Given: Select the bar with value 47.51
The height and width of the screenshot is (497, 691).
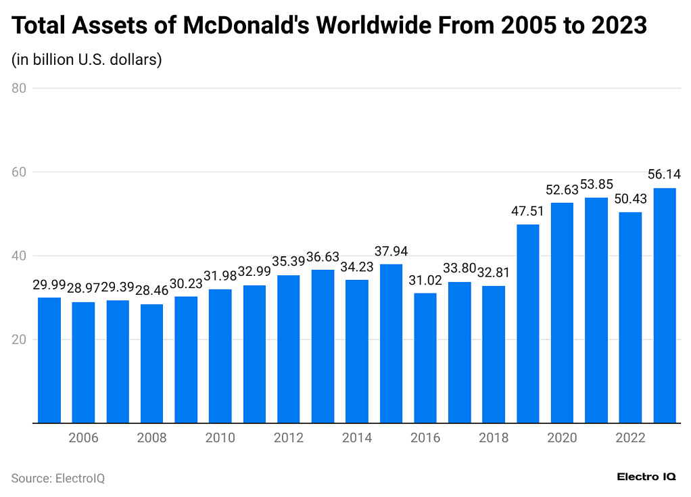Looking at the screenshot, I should point(528,323).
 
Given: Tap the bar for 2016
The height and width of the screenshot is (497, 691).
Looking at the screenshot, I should point(425,358).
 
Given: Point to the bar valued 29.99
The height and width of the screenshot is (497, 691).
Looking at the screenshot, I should point(49,360).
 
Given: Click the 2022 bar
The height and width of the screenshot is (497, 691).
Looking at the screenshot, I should point(630,318).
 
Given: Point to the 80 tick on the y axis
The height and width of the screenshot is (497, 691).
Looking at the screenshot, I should point(18,88).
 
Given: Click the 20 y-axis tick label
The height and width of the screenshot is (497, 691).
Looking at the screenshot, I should point(18,339).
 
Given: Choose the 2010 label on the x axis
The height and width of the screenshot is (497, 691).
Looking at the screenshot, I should point(220,438).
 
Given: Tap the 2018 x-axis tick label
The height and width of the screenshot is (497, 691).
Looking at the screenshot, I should point(494,438).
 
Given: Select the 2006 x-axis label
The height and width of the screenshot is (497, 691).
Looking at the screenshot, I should point(84,438).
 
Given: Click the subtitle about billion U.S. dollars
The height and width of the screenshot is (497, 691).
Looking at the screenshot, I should point(87,60).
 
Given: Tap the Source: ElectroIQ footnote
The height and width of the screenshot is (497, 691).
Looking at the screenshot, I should point(58,478).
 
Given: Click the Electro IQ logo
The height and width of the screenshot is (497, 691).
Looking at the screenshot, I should point(646,477).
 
